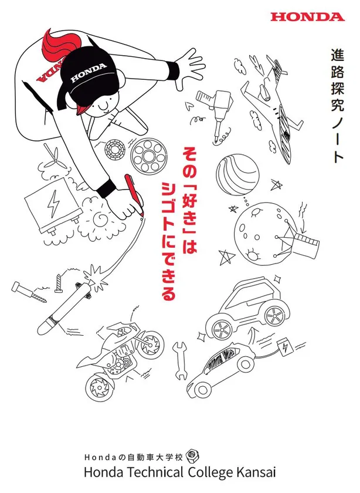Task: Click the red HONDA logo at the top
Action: click(x=308, y=17)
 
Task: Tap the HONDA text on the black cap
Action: click(x=89, y=73)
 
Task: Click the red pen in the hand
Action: click(x=134, y=195)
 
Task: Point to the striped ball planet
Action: click(x=238, y=174)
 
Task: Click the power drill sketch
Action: click(x=216, y=113)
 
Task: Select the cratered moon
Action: click(x=260, y=232)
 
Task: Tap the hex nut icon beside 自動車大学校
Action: click(x=191, y=455)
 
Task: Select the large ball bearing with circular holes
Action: click(x=149, y=156)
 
